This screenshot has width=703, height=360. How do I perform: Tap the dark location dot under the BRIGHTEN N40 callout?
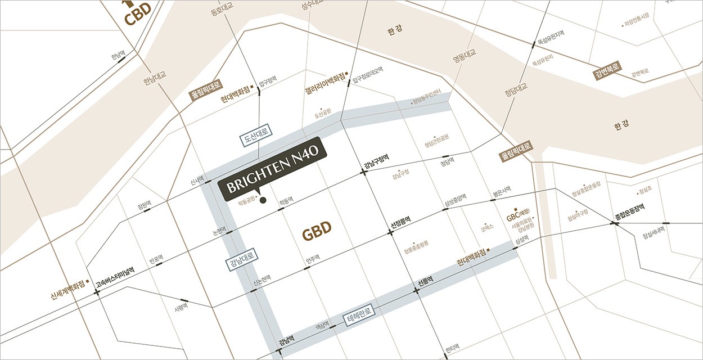263,200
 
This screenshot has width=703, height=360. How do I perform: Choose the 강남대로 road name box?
242,262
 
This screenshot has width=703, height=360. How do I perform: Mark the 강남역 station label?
287,341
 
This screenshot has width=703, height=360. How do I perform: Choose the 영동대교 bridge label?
465,55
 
